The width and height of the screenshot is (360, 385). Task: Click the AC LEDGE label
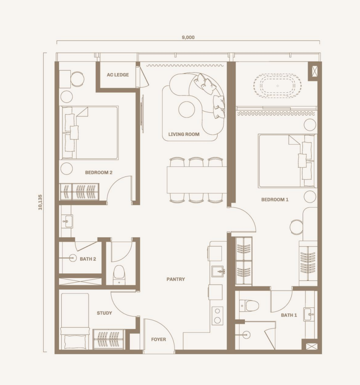point(118,75)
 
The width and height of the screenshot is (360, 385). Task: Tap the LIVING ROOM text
point(184,134)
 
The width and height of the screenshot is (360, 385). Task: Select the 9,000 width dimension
point(188,37)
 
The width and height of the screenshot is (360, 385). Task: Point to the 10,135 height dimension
point(40,202)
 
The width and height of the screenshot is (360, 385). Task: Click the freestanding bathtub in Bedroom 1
point(278,86)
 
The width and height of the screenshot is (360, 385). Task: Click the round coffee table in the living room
point(187,109)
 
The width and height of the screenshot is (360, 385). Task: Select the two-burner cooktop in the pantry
point(217,315)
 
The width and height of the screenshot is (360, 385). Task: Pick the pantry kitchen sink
point(218,271)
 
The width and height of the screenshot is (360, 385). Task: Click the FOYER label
point(158,339)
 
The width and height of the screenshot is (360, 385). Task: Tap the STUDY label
point(104,313)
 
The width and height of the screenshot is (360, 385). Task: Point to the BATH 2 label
point(88,259)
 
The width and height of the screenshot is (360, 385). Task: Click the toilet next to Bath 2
point(119,275)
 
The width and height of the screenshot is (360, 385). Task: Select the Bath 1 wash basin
point(309,314)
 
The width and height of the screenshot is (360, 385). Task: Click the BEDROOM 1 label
point(275,199)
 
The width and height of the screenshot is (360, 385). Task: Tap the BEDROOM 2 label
point(98,173)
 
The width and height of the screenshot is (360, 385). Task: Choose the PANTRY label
point(176,279)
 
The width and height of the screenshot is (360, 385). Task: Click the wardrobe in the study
point(109,339)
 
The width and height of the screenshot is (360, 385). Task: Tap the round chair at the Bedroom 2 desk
point(77,79)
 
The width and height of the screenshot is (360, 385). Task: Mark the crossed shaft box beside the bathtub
point(314,71)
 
